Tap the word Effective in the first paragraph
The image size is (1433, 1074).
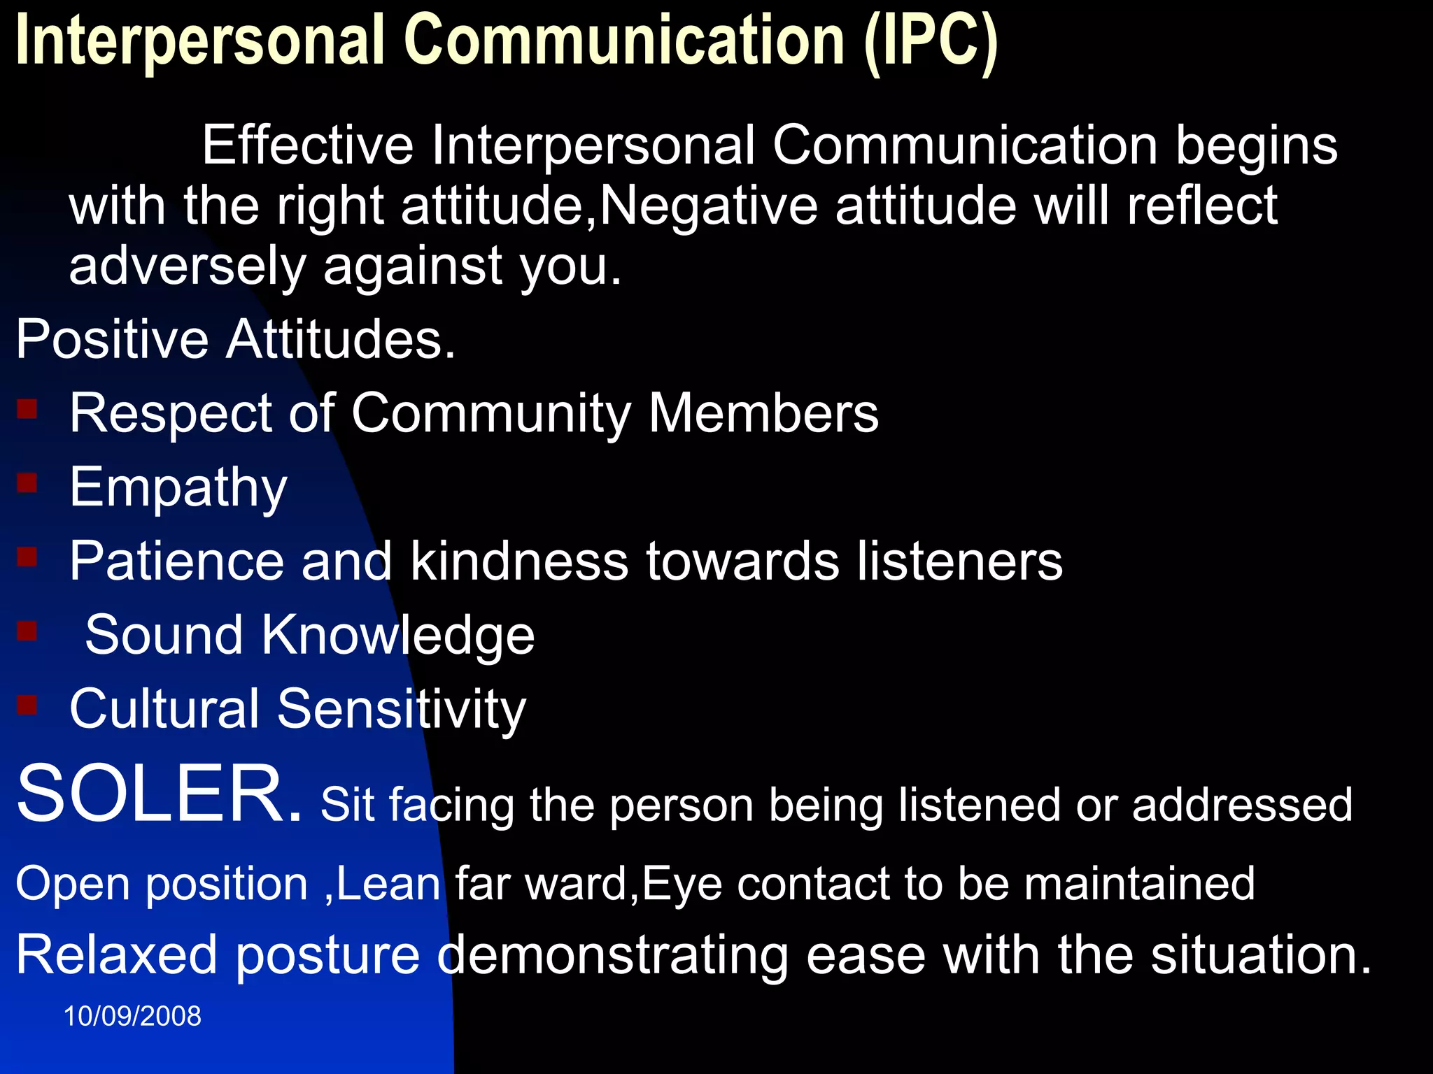point(308,145)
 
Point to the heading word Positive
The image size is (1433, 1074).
point(112,339)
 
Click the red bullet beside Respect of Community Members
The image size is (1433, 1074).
point(27,408)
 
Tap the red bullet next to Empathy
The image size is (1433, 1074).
point(27,482)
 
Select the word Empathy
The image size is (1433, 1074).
point(178,487)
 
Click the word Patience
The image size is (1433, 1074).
point(176,561)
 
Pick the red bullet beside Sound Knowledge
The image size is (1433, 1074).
point(27,631)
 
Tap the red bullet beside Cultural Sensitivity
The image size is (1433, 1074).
point(27,704)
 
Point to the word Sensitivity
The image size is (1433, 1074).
point(402,709)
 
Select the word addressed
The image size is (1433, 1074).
point(1242,804)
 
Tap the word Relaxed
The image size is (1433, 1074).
point(116,955)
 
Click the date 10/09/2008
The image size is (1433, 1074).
point(132,1016)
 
